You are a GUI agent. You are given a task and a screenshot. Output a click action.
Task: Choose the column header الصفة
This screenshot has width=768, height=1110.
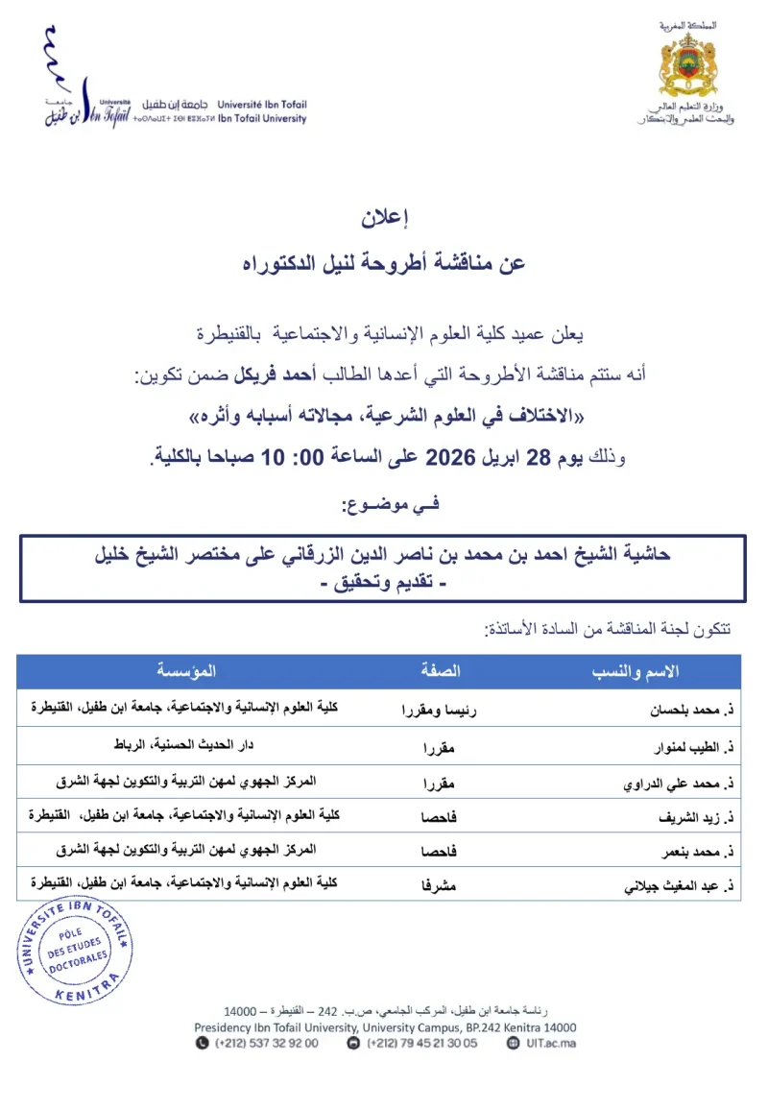tap(441, 671)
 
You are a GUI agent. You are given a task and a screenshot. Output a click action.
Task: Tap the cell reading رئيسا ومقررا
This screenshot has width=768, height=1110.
tap(441, 711)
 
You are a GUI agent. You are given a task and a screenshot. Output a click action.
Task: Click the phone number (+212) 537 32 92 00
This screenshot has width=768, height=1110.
tap(266, 1043)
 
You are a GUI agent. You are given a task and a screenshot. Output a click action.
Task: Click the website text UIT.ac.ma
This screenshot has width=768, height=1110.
tap(548, 1043)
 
